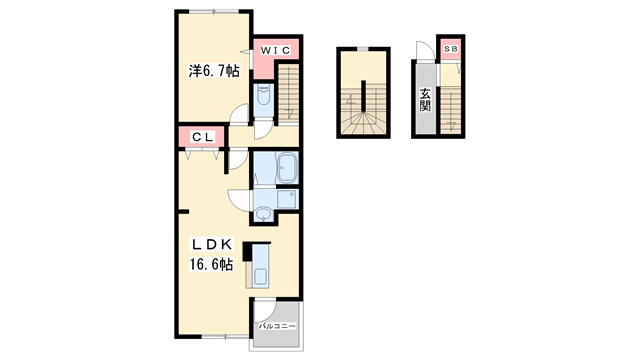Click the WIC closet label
click(275, 50)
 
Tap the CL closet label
click(202, 137)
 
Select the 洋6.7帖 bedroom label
click(213, 71)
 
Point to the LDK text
click(212, 244)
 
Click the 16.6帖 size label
click(211, 264)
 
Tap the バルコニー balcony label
click(277, 326)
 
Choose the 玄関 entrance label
click(425, 100)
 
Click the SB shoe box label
click(451, 49)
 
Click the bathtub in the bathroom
click(287, 167)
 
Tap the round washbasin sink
click(263, 213)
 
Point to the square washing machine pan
click(287, 199)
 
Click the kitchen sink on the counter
click(261, 276)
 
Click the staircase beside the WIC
click(289, 93)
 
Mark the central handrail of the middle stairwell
click(363, 96)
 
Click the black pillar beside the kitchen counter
click(247, 251)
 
